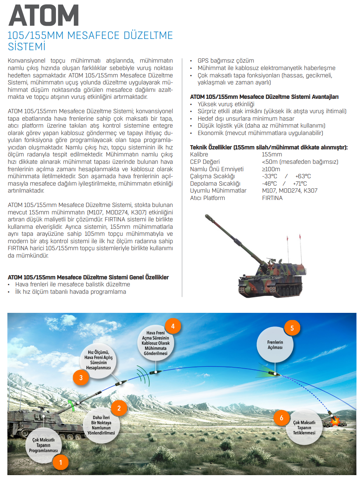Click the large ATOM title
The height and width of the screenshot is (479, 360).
tap(44, 16)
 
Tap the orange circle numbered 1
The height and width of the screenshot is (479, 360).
tap(60, 462)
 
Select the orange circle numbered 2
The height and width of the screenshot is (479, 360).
tap(119, 409)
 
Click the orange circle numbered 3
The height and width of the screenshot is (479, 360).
tap(81, 377)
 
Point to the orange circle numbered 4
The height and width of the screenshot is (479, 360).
tap(173, 326)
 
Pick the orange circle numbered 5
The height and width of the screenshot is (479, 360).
tap(292, 328)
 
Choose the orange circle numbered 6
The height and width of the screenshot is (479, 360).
tap(281, 418)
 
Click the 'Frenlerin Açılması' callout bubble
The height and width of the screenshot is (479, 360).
tap(275, 345)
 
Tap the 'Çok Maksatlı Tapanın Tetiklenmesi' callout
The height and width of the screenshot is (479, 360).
tap(304, 428)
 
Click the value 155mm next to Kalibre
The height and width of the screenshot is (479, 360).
tap(272, 154)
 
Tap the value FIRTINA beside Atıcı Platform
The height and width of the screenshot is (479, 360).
tap(272, 198)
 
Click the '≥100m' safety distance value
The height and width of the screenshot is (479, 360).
tap(271, 169)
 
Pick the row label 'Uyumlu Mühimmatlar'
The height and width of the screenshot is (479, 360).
tap(218, 191)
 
